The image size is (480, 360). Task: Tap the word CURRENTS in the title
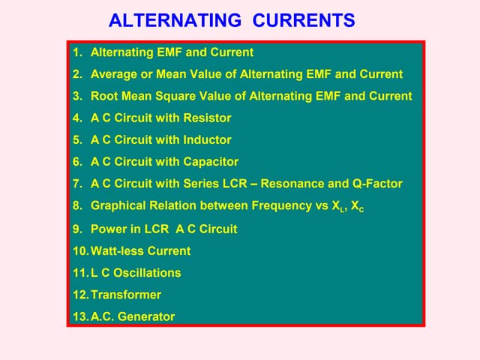[304, 20]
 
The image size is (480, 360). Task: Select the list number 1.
[76, 52]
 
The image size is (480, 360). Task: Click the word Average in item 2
[114, 74]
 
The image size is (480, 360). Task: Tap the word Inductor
[205, 139]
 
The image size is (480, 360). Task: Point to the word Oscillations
[143, 272]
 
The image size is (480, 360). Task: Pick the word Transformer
[126, 295]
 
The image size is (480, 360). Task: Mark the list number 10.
[79, 250]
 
